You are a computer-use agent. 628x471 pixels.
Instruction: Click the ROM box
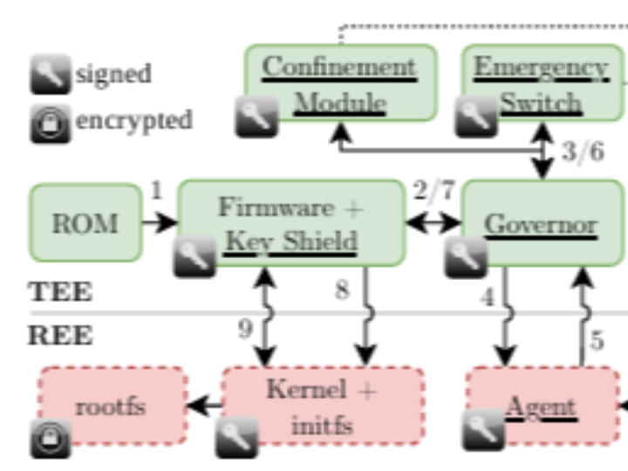pyautogui.click(x=85, y=222)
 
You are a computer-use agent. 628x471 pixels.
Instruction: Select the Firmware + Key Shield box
pyautogui.click(x=291, y=223)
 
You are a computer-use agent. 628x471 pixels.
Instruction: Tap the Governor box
pyautogui.click(x=541, y=223)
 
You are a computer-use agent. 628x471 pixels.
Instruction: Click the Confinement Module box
pyautogui.click(x=339, y=84)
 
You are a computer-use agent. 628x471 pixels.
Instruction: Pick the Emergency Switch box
pyautogui.click(x=541, y=84)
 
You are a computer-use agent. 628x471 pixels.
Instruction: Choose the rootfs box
pyautogui.click(x=112, y=406)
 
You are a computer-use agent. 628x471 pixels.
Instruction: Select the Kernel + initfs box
pyautogui.click(x=322, y=406)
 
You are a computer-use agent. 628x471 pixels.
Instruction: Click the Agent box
pyautogui.click(x=542, y=406)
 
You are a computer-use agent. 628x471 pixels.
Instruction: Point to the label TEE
pyautogui.click(x=60, y=291)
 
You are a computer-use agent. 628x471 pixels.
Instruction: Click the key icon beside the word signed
pyautogui.click(x=51, y=74)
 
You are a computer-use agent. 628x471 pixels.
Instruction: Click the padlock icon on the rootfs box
pyautogui.click(x=51, y=438)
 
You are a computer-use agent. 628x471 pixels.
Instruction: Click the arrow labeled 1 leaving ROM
pyautogui.click(x=160, y=223)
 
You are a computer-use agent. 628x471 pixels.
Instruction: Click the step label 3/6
pyautogui.click(x=582, y=152)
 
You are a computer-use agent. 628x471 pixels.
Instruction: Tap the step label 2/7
pyautogui.click(x=433, y=189)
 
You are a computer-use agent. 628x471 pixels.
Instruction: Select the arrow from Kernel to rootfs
pyautogui.click(x=204, y=406)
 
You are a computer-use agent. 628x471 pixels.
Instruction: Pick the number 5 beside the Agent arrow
pyautogui.click(x=597, y=339)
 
